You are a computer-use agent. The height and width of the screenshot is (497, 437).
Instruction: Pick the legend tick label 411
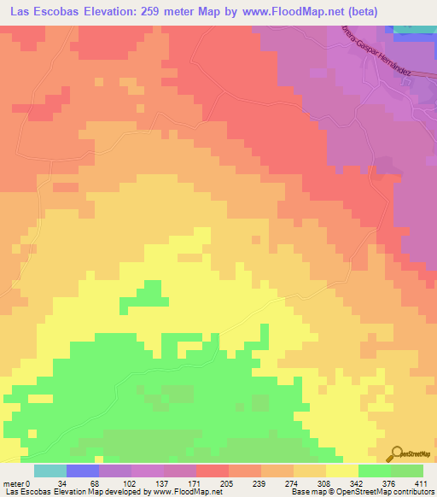point(422,482)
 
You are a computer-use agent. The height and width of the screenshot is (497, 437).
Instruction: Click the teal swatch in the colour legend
point(50,471)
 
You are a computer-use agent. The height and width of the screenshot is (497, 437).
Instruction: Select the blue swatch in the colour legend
point(83,471)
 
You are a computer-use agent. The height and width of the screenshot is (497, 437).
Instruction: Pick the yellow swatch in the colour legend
point(342,471)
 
